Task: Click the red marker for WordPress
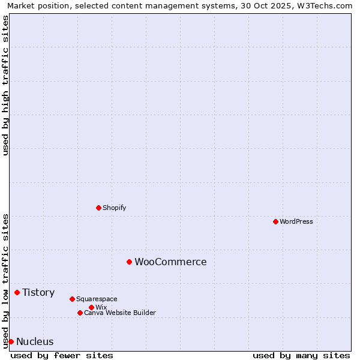[275, 221]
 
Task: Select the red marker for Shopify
[98, 208]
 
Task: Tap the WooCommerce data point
[129, 262]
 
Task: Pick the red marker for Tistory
[17, 292]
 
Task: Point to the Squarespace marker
[72, 299]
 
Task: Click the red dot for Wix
[91, 307]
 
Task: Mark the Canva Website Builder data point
[80, 313]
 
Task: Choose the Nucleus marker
[11, 341]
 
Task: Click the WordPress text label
[296, 221]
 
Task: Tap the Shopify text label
[114, 208]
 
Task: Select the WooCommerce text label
[170, 262]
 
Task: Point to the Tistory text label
[38, 292]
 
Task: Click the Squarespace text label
[97, 299]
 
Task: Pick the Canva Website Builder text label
[120, 313]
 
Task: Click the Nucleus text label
[35, 341]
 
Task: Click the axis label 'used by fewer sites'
[62, 355]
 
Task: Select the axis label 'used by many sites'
[301, 355]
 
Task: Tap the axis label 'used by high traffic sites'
[5, 85]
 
